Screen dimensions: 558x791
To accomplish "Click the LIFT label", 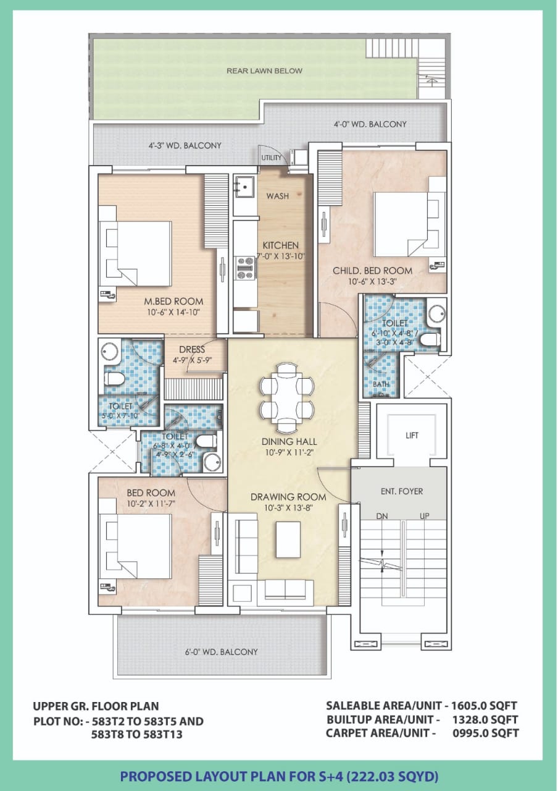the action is (412, 435).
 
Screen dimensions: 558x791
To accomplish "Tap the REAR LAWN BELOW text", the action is (264, 71).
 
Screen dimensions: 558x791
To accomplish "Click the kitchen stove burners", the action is (246, 268).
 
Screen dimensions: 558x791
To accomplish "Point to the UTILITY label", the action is (271, 158).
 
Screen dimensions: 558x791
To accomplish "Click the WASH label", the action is (278, 196).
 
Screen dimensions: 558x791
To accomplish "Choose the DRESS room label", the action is (192, 350).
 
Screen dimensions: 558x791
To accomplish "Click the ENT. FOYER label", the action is (402, 491).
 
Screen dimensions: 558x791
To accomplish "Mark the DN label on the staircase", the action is (381, 516).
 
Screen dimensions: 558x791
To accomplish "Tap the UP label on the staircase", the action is (424, 516).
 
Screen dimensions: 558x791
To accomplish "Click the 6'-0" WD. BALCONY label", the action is (222, 652).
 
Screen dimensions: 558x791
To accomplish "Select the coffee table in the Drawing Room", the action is (288, 539).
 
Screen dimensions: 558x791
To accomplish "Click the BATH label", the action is (381, 384).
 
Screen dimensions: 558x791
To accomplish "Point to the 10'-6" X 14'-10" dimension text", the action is (173, 312).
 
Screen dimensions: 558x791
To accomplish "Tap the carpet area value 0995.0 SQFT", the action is (486, 733).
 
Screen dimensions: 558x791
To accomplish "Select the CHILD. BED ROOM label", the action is (372, 271).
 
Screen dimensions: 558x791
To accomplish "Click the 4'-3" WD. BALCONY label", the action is (185, 145).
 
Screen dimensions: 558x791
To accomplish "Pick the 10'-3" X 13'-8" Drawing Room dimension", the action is (289, 508).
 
